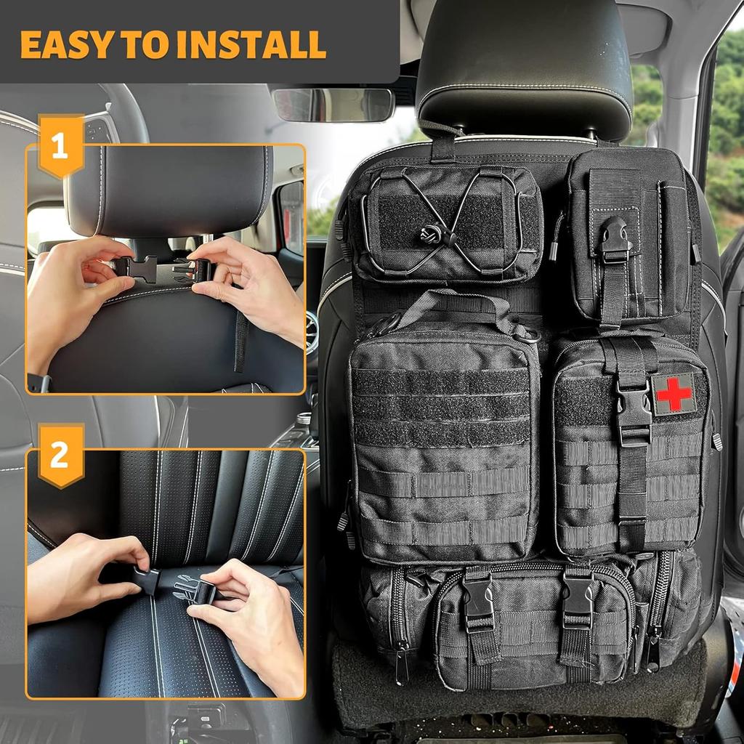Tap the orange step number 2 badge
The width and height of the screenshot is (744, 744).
click(x=60, y=455)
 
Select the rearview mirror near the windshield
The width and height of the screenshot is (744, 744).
click(x=333, y=105)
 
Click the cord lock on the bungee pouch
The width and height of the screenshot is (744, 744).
click(x=428, y=234)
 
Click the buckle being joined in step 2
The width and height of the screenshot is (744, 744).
click(x=174, y=586)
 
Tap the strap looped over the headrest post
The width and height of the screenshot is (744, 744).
click(x=442, y=142)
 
